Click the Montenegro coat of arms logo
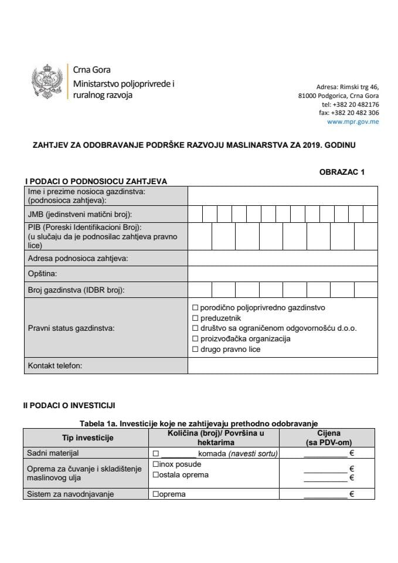[x=47, y=82]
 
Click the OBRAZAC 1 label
[x=342, y=172]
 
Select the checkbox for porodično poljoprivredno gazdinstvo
[x=196, y=307]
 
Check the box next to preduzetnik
[x=196, y=318]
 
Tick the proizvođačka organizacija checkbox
[x=196, y=339]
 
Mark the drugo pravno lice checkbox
[x=196, y=350]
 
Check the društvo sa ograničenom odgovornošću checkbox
[x=196, y=328]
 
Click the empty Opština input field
[x=283, y=273]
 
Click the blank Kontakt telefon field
[x=283, y=366]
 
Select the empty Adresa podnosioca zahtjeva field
[x=283, y=258]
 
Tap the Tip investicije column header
[x=87, y=437]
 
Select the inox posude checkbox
[x=156, y=464]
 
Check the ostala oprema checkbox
[x=156, y=475]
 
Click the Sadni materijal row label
[x=53, y=453]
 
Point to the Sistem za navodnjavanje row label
[x=70, y=494]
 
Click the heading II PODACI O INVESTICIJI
[x=73, y=405]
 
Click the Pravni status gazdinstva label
[x=71, y=328]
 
